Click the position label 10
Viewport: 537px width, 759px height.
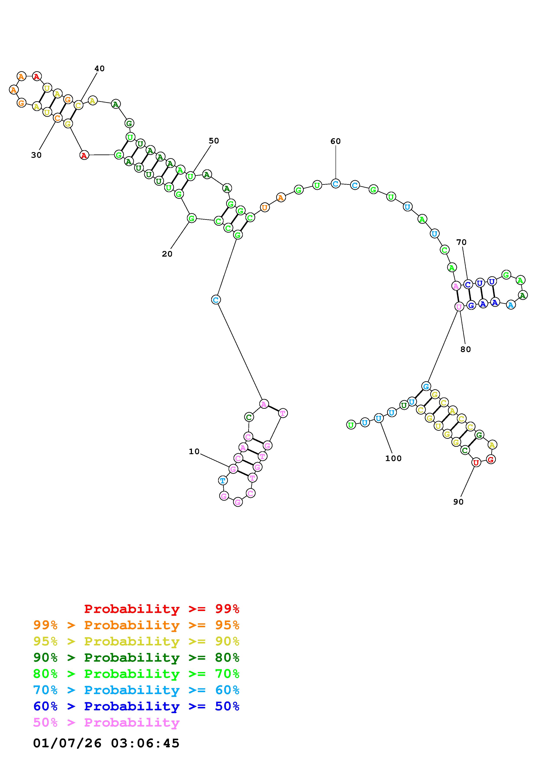pyautogui.click(x=194, y=451)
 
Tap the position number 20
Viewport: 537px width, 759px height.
pyautogui.click(x=167, y=254)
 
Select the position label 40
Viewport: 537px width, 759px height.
pyautogui.click(x=99, y=68)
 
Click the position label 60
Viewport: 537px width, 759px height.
pyautogui.click(x=336, y=141)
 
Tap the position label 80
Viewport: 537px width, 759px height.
pyautogui.click(x=466, y=349)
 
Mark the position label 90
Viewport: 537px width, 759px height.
pyautogui.click(x=458, y=502)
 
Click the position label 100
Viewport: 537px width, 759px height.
pyautogui.click(x=393, y=458)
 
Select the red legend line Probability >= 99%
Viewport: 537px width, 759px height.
pyautogui.click(x=162, y=609)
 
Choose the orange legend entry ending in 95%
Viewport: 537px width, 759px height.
pyautogui.click(x=136, y=625)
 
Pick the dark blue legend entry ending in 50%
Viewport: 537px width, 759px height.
pyautogui.click(x=136, y=706)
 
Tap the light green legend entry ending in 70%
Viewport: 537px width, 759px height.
pyautogui.click(x=136, y=674)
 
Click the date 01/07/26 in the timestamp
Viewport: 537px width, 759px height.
pyautogui.click(x=67, y=743)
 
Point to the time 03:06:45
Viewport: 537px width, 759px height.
pyautogui.click(x=145, y=743)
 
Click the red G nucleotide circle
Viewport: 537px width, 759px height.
pyautogui.click(x=491, y=459)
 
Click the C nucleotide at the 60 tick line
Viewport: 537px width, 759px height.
pyautogui.click(x=336, y=183)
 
